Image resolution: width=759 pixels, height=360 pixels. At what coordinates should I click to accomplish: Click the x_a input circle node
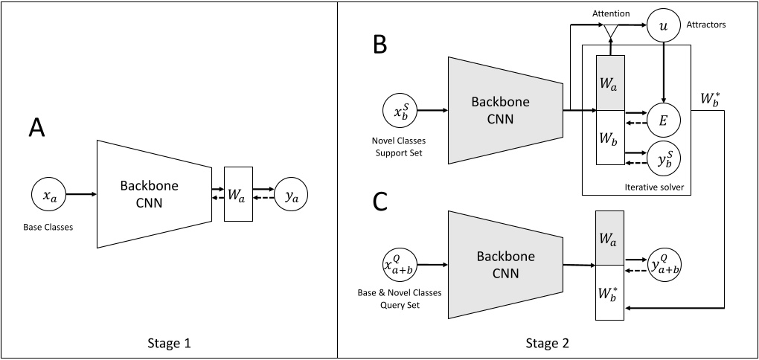click(47, 196)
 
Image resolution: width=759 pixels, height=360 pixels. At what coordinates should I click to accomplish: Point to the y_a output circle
click(291, 196)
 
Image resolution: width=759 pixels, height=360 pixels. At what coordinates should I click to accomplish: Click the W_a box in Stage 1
click(238, 196)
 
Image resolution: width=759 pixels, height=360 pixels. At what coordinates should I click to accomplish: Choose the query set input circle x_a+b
click(400, 265)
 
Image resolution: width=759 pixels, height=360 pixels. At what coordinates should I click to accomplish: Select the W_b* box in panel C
click(610, 293)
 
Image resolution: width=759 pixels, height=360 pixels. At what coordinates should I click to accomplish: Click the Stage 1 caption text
click(169, 344)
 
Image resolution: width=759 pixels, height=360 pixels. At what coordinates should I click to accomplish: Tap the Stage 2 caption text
click(548, 344)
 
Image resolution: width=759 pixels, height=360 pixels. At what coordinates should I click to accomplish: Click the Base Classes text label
click(48, 227)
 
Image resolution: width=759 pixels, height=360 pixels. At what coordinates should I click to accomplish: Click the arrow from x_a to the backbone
click(80, 196)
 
